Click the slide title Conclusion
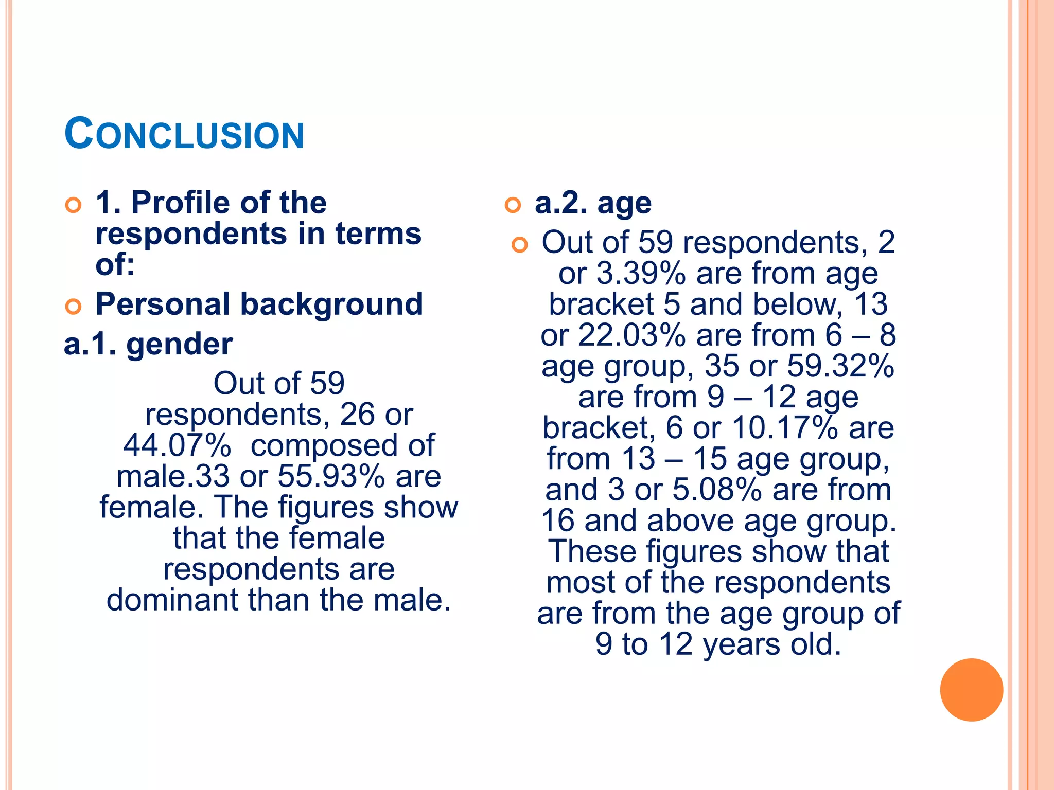pos(184,134)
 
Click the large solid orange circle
pos(971,690)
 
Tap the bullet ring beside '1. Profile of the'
pos(74,205)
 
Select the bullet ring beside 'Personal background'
pos(74,307)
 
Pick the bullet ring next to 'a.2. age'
pos(513,205)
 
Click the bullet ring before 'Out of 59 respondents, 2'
pos(520,245)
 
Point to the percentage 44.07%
pos(177,445)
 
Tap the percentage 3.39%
pos(641,273)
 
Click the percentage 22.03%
pos(631,335)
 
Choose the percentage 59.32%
pos(841,366)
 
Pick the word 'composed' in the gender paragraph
pos(324,445)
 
